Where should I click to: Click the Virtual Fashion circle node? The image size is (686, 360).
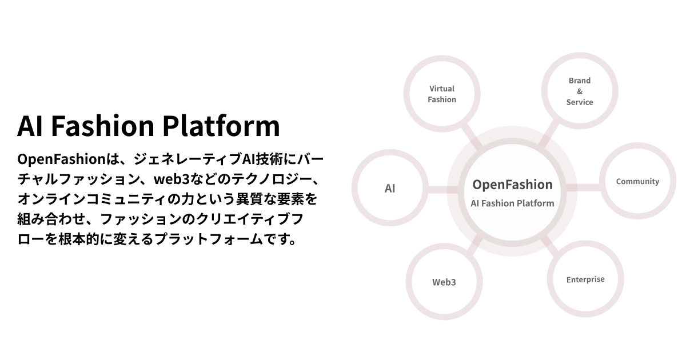pos(442,94)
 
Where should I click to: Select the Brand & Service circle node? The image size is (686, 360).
pos(580,91)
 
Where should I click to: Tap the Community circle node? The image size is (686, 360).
pos(637,182)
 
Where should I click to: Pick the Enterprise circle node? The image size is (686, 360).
pos(585,279)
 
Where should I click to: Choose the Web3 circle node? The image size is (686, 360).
pos(444,282)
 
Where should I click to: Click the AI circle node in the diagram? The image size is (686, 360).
pos(390,188)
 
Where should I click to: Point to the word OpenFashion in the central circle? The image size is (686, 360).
pos(512,185)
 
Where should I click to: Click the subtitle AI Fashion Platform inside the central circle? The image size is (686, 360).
pos(512,203)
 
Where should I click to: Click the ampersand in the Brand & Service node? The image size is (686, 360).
pos(580,91)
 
